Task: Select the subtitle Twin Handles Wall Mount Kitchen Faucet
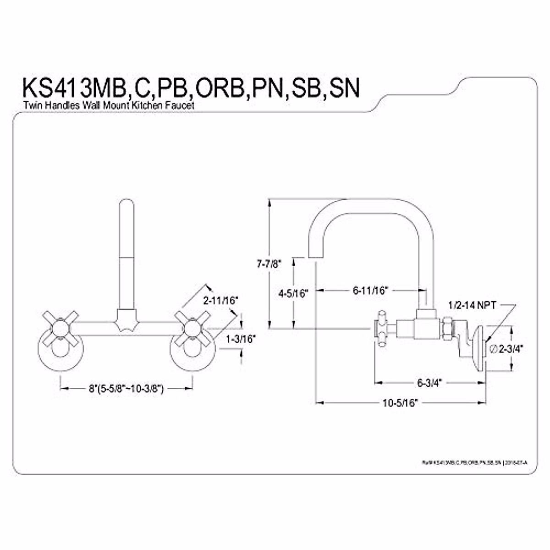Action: pos(109,105)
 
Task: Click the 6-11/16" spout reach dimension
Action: pos(371,291)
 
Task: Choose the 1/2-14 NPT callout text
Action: pos(473,305)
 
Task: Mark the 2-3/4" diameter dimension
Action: pos(507,349)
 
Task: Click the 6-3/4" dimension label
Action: pos(429,382)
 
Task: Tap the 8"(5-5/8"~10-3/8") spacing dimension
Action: pos(126,389)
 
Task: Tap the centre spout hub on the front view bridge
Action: pos(126,319)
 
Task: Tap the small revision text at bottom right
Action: pos(474,463)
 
